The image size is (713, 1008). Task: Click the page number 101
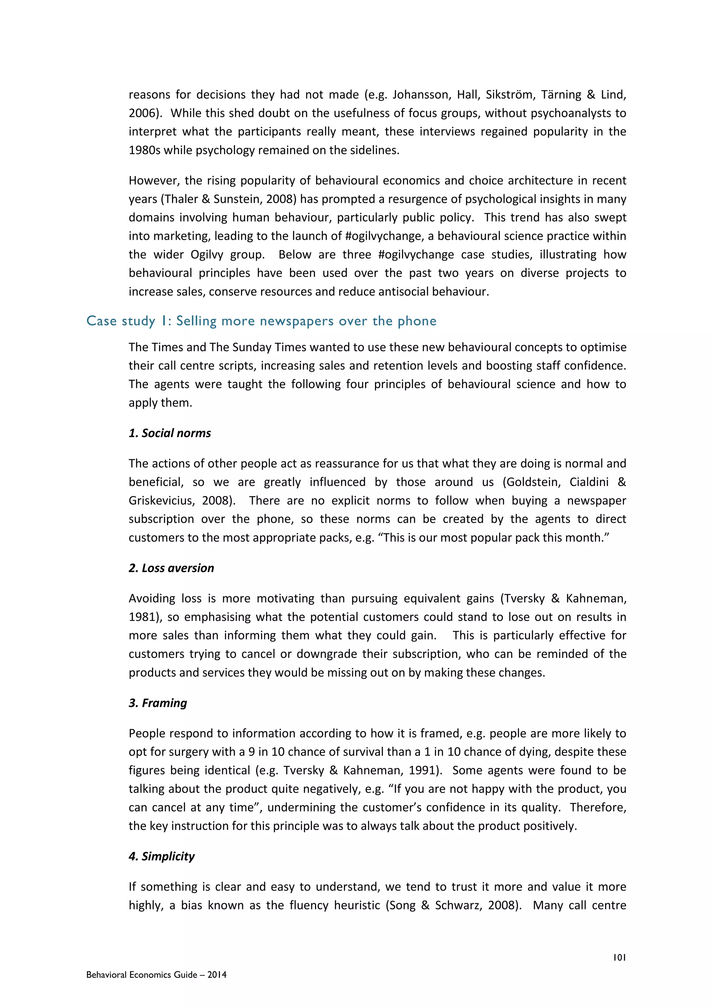coord(619,958)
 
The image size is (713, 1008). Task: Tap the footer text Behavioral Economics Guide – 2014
coord(156,975)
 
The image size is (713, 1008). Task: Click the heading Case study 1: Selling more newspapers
coord(261,321)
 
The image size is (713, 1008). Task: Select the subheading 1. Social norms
coord(170,433)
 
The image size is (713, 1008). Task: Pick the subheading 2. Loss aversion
coord(171,568)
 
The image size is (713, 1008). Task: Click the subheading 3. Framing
coord(158,703)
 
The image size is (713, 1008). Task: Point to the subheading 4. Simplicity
coord(162,856)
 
